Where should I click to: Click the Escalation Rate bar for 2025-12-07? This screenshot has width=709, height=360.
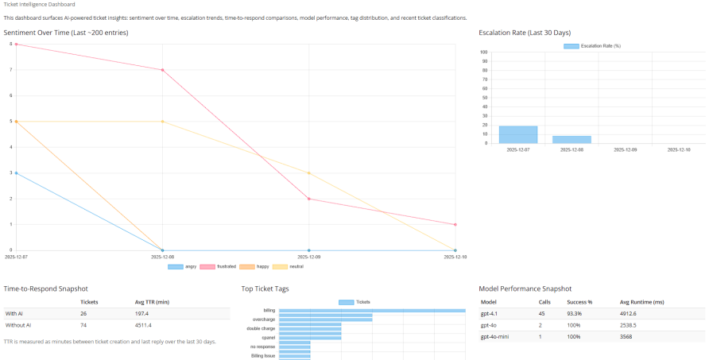[x=517, y=134]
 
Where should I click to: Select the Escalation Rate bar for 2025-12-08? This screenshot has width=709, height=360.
[x=571, y=139]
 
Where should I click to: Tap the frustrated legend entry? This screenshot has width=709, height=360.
[x=221, y=266]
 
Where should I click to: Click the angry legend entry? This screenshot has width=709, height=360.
[x=182, y=266]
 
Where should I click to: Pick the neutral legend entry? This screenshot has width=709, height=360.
[x=290, y=266]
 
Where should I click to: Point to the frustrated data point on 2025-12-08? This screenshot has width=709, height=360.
[x=162, y=70]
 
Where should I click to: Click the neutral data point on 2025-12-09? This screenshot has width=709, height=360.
[x=308, y=172]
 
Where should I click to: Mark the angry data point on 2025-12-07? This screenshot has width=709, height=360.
[x=16, y=172]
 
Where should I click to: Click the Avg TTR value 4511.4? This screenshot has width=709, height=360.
[x=144, y=325]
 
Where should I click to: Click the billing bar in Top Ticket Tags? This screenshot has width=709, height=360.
[x=372, y=311]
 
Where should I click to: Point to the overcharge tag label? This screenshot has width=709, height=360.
[x=264, y=319]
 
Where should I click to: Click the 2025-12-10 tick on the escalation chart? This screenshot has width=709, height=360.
[x=679, y=149]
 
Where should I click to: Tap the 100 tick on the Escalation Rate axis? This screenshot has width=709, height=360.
[x=484, y=52]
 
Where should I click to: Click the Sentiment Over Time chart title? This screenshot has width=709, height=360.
[x=66, y=33]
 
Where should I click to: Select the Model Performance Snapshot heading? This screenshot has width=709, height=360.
[x=525, y=288]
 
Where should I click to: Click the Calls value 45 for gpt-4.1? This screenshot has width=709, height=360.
[x=544, y=313]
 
